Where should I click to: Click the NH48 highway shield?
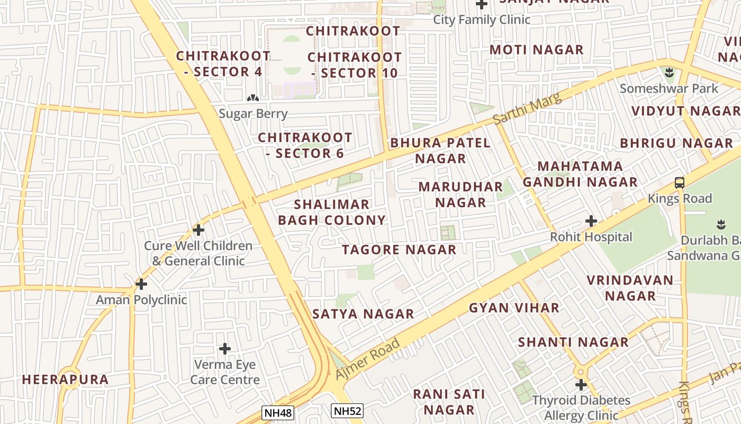278,413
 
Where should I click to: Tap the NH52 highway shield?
347,410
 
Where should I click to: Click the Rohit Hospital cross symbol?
591,221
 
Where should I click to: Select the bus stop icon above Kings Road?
680,183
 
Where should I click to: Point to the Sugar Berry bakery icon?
253,98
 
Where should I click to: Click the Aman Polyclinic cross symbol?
141,284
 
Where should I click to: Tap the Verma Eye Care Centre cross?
225,349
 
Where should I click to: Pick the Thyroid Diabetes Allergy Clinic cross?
581,385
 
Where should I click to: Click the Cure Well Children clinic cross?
198,230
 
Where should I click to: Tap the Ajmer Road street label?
368,358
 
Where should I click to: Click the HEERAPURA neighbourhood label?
65,379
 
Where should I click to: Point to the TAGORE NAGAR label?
399,250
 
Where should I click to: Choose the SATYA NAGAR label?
363,314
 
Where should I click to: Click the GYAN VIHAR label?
514,308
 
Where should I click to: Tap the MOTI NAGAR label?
536,50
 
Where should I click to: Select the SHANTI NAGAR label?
573,342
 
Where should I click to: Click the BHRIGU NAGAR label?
676,143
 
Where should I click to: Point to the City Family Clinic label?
482,20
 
